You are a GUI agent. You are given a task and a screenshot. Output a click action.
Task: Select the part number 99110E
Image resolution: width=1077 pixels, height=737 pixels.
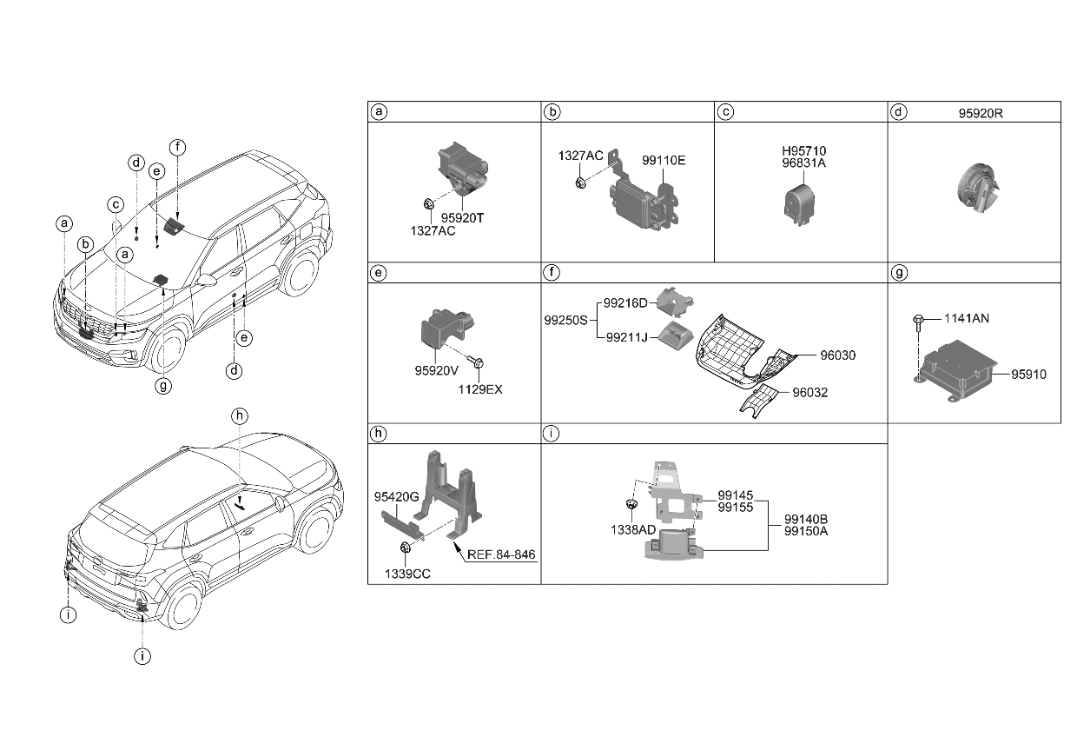(664, 161)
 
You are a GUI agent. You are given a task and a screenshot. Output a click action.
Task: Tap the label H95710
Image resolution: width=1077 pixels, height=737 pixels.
(803, 151)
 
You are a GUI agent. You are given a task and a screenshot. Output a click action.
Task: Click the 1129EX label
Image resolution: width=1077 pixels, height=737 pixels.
(481, 389)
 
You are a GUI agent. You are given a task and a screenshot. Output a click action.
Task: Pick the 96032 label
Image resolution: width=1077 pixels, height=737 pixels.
(809, 392)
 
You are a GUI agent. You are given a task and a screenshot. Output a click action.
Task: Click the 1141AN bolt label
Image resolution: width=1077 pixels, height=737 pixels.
(965, 319)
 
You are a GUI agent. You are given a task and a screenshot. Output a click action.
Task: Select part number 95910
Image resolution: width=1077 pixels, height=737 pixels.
(1028, 375)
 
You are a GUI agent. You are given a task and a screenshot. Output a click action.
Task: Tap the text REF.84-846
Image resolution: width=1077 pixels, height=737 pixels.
(502, 554)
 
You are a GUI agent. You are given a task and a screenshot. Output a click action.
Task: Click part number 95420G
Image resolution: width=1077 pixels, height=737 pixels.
(397, 496)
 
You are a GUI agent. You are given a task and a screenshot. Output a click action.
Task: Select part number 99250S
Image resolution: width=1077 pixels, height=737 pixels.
(565, 320)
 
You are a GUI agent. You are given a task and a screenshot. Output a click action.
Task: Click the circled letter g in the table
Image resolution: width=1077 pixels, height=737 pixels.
(899, 273)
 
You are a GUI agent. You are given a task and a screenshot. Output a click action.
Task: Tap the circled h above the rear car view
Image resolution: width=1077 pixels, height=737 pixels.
(240, 417)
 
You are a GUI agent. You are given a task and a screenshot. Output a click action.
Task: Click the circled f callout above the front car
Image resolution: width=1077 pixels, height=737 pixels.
(177, 148)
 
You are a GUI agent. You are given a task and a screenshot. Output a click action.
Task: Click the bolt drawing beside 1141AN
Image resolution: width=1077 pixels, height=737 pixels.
(917, 323)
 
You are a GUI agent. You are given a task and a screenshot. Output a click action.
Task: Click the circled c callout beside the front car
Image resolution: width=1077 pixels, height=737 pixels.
(116, 205)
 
